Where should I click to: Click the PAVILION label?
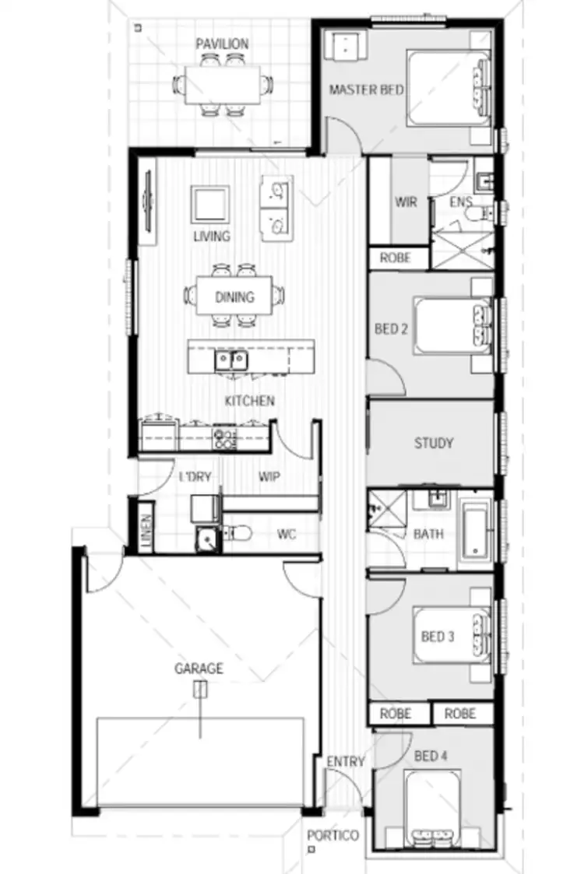(222, 43)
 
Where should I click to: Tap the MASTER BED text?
(366, 90)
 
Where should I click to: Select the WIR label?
(406, 202)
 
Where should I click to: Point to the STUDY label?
(434, 443)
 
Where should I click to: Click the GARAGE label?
(199, 668)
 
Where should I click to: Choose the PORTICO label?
(332, 835)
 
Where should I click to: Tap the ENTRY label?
(345, 761)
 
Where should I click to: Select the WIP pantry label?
(269, 476)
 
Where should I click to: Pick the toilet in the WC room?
(237, 533)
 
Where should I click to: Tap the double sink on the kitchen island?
(231, 360)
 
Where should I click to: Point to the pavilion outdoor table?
(223, 84)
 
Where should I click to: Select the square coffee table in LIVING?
(210, 205)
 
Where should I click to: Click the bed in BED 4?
(433, 809)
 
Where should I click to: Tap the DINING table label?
(234, 297)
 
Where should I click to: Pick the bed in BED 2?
(452, 325)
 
